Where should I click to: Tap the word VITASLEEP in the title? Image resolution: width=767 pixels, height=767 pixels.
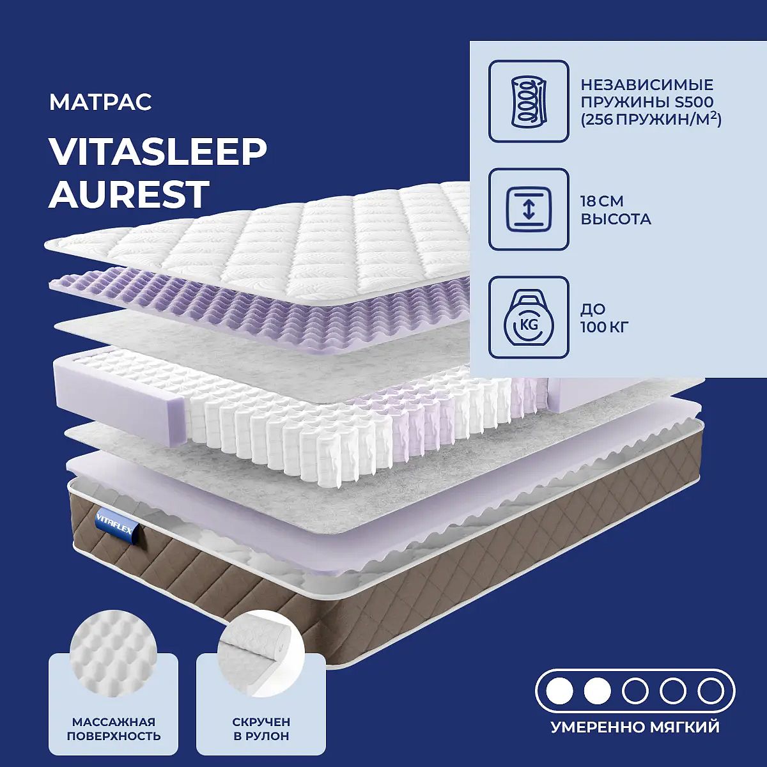tap(157, 153)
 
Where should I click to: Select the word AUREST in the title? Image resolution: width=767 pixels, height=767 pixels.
tap(128, 194)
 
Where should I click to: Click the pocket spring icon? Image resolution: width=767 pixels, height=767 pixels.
tap(529, 101)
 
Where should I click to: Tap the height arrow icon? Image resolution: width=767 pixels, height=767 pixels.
tap(529, 210)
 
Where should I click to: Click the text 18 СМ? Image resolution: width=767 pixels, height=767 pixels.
tap(602, 201)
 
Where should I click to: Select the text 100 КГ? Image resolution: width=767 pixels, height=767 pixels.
tap(604, 327)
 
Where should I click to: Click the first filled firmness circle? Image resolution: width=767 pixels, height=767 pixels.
tap(560, 692)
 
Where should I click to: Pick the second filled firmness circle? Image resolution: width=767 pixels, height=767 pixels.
tap(598, 692)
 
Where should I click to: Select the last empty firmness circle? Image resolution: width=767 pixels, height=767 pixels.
tap(711, 692)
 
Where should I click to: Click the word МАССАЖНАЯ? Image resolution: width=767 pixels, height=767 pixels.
tap(114, 720)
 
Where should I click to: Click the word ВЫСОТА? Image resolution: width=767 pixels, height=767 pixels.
tap(616, 219)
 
